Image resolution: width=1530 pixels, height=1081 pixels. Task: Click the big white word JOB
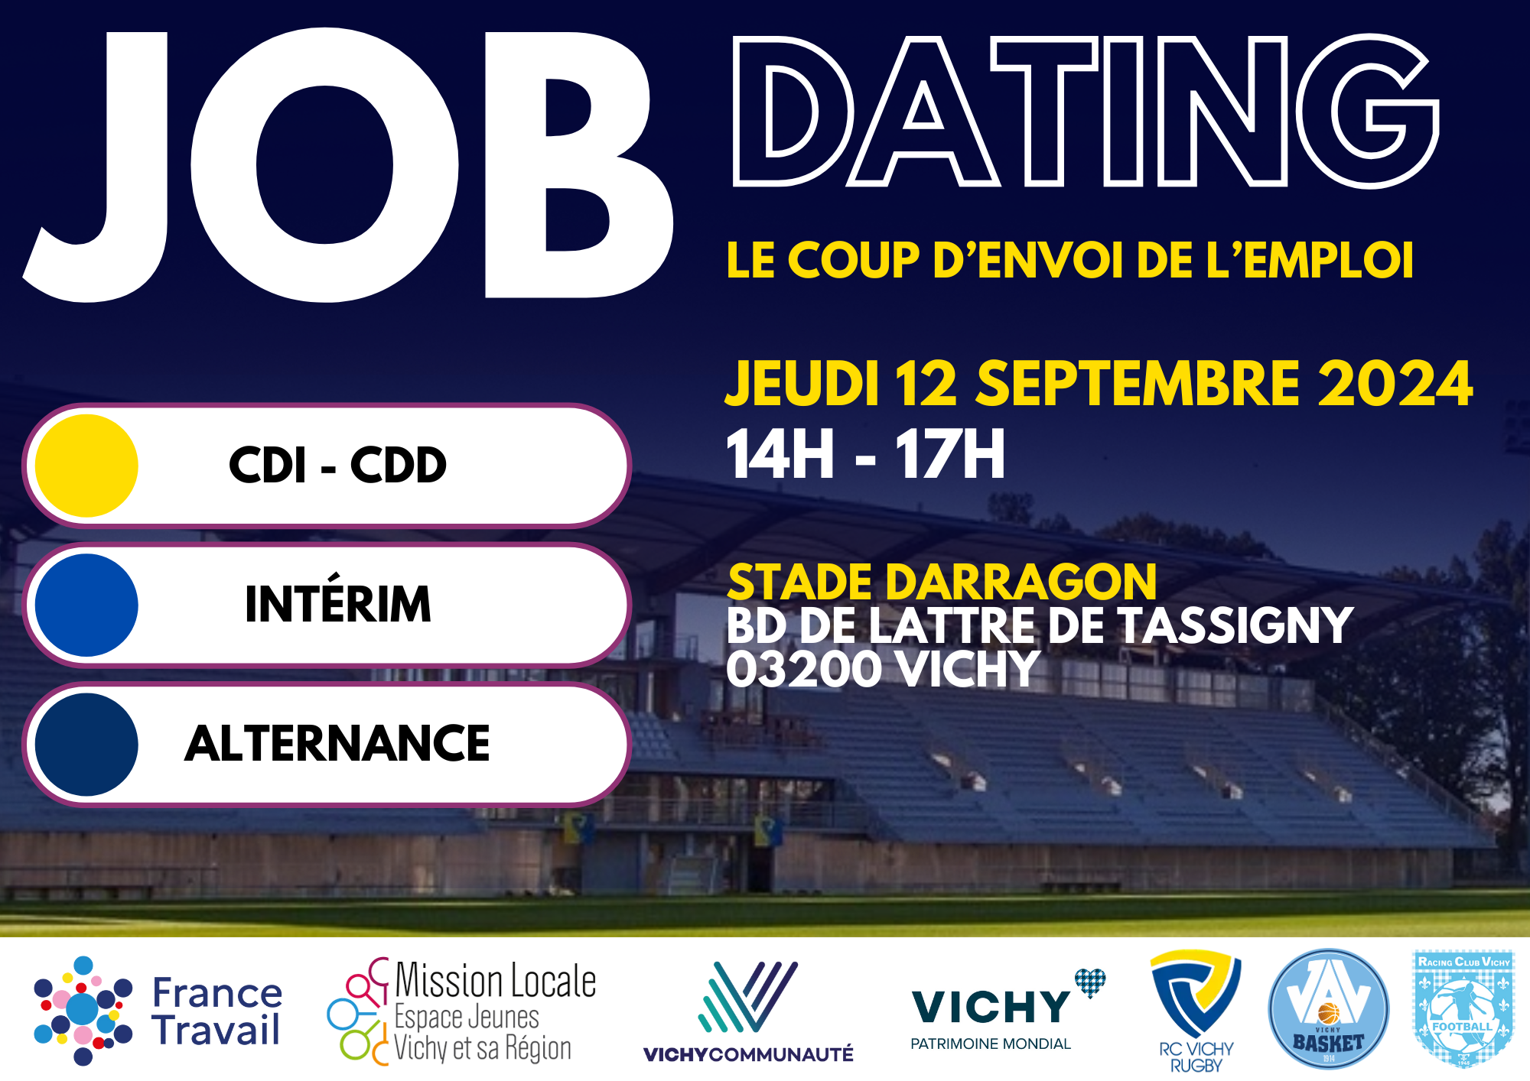(348, 164)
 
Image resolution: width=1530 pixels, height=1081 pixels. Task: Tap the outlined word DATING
(1086, 111)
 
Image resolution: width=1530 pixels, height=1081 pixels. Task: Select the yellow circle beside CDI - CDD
(86, 466)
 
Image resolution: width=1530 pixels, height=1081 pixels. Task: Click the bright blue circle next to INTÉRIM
(86, 605)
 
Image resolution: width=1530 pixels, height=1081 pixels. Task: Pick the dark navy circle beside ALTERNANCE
(86, 744)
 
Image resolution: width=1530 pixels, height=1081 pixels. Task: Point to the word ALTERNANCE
(337, 743)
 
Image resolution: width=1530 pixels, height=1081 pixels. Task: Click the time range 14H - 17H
(865, 454)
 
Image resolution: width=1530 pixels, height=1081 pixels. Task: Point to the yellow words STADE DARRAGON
(942, 583)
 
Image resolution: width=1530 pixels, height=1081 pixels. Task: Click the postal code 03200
(804, 669)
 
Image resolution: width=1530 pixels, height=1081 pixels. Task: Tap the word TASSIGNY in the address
(1235, 625)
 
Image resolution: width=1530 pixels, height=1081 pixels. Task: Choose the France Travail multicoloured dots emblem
(83, 1010)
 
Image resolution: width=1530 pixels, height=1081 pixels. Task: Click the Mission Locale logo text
(495, 1011)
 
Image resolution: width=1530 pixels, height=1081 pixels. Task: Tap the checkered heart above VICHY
(1089, 982)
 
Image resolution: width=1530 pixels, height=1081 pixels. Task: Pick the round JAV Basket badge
(1329, 1009)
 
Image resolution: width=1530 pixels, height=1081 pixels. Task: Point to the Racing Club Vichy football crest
(1463, 1008)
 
